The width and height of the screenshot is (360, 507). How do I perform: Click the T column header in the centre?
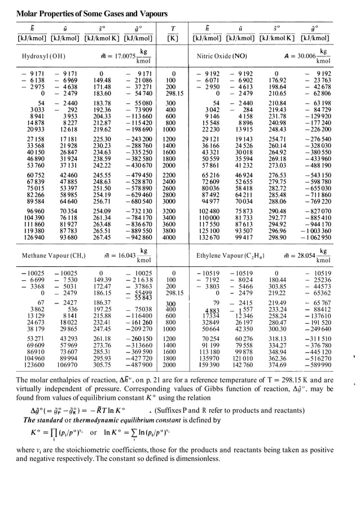173,28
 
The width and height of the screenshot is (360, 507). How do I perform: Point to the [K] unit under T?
173,38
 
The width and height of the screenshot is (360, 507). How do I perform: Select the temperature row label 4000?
173,238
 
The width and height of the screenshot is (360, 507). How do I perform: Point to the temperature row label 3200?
173,211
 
